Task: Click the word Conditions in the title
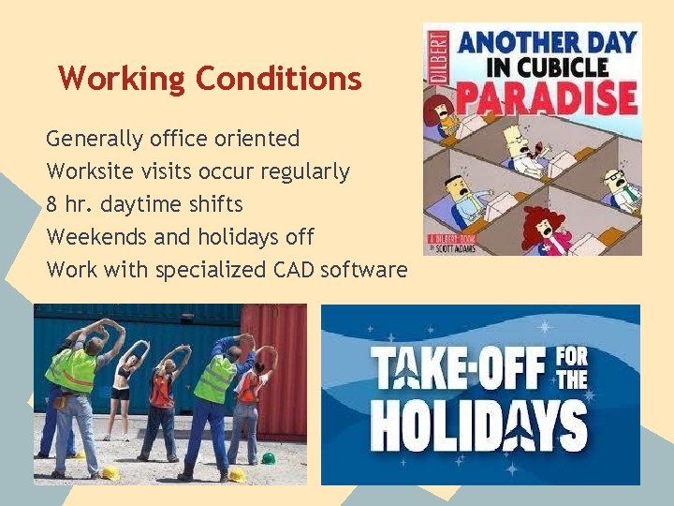[278, 78]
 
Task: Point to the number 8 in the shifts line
[52, 204]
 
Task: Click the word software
[363, 270]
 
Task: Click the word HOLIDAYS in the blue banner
[478, 429]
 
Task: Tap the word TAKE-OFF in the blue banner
[459, 369]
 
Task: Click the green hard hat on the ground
[269, 458]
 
